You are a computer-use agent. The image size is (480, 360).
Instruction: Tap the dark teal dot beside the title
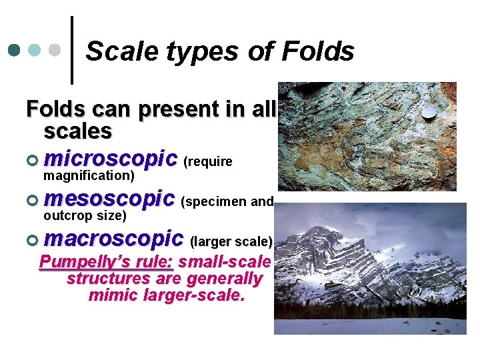[x=14, y=50]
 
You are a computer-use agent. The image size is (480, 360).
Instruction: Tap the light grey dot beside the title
[x=56, y=50]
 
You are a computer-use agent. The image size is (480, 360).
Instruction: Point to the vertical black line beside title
[x=71, y=51]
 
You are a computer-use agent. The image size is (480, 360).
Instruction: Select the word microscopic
[x=111, y=159]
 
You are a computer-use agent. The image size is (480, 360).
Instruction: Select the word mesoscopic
[x=109, y=199]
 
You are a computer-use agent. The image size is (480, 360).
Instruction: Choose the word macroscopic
[x=113, y=238]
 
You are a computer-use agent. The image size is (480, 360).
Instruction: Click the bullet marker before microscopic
[x=33, y=161]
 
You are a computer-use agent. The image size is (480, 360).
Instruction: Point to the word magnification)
[x=89, y=176]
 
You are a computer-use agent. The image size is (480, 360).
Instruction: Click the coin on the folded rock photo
[x=430, y=113]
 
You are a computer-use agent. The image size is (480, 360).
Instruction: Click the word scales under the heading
[x=78, y=131]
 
